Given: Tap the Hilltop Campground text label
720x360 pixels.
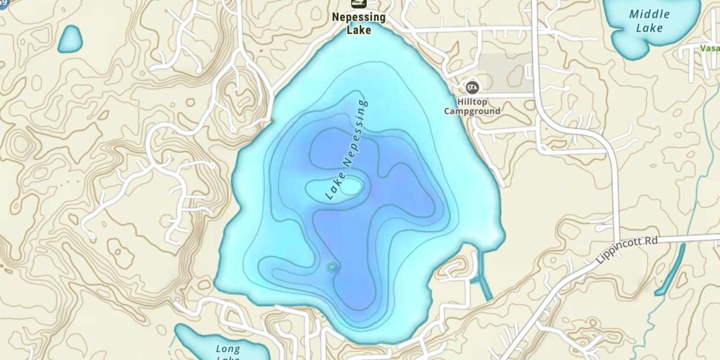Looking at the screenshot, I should point(472,106).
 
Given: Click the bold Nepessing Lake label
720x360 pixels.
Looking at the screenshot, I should point(359,24).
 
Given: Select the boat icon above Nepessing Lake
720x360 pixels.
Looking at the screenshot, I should point(359,4).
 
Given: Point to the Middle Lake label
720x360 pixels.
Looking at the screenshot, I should point(649,21).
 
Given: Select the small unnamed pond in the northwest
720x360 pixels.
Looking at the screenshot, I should point(71,39).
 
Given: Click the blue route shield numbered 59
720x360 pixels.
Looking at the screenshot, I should point(2,2).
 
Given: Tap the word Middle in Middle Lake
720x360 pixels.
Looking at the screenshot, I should point(649,14).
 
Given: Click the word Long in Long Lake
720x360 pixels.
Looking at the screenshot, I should point(228,349).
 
